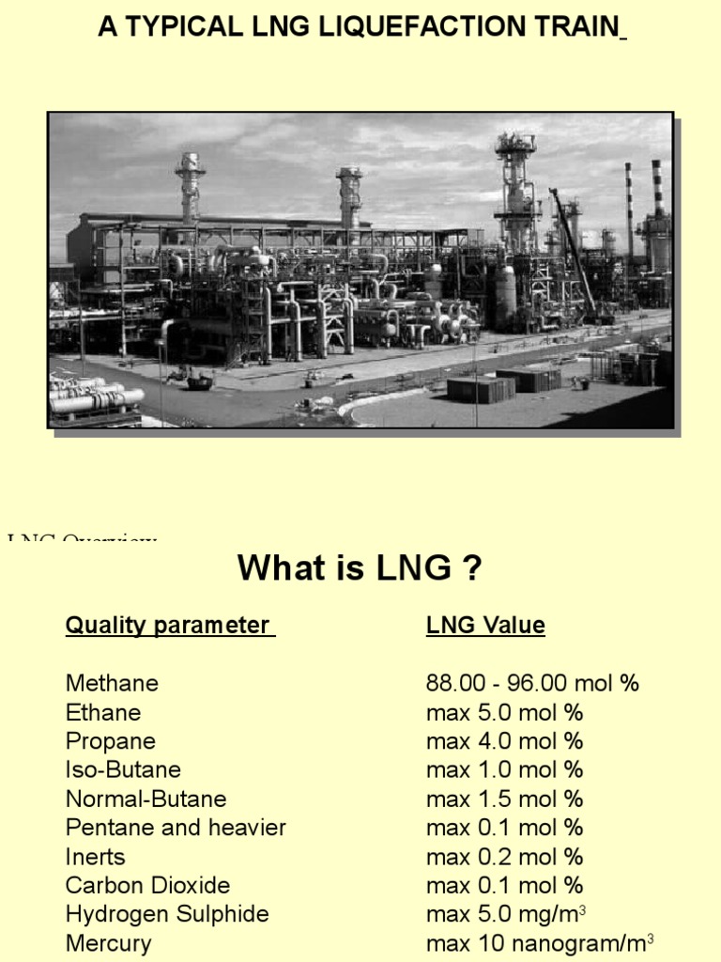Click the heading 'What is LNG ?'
click(360, 567)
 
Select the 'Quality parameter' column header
click(169, 626)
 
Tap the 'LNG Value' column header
click(485, 626)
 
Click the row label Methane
click(112, 683)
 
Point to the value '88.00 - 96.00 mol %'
click(532, 683)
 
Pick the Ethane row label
click(103, 712)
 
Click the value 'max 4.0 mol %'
click(504, 741)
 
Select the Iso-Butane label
click(123, 769)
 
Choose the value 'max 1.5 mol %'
click(504, 799)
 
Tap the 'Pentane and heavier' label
click(176, 828)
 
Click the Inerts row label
click(95, 857)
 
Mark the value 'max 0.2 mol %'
click(504, 857)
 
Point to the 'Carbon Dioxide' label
click(147, 885)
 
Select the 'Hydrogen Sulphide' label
click(167, 914)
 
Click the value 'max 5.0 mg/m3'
click(507, 914)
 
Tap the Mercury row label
click(108, 943)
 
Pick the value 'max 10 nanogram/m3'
click(539, 943)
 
